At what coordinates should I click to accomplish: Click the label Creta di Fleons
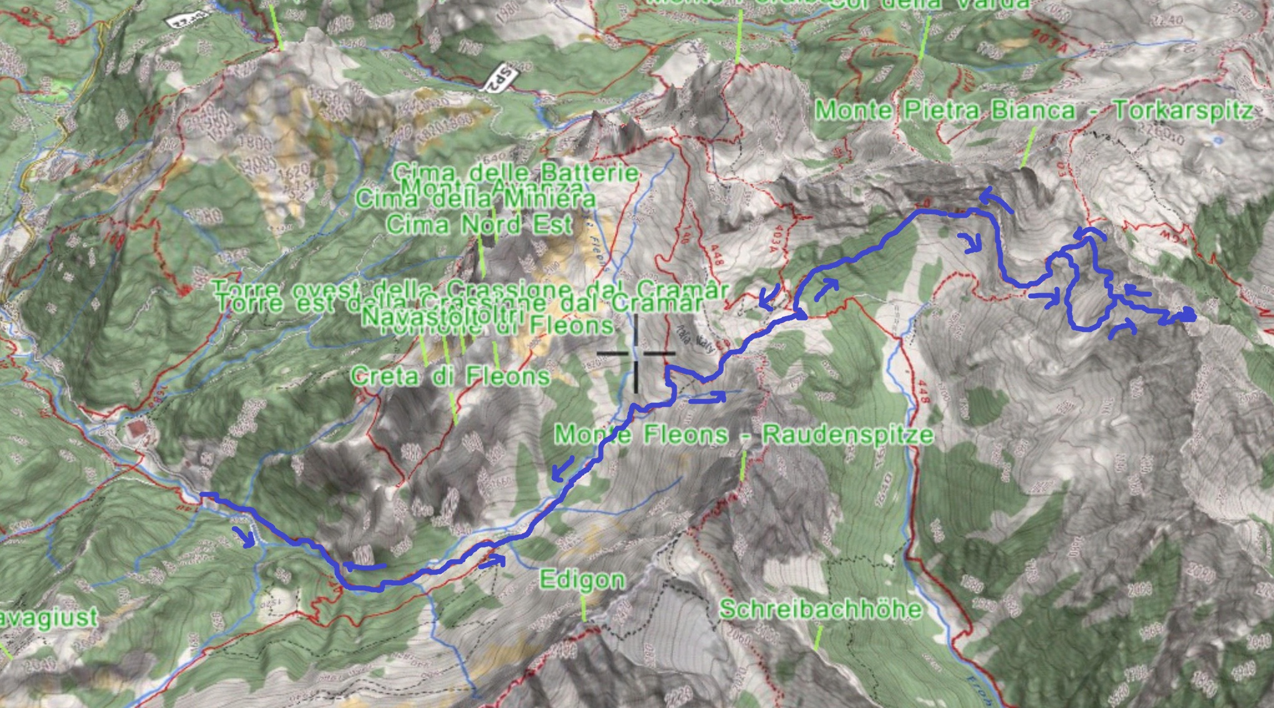450,376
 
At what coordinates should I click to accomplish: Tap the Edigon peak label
581,580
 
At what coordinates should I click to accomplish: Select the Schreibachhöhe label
820,609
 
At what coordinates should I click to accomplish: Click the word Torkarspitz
1183,111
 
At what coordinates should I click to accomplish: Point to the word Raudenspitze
847,434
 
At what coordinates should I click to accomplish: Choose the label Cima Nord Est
478,225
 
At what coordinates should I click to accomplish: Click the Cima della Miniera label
475,199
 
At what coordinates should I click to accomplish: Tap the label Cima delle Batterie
515,172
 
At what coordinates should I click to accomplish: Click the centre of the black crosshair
635,354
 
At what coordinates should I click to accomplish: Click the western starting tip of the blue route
202,495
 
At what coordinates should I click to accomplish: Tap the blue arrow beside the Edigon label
492,561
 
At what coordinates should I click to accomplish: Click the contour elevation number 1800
254,143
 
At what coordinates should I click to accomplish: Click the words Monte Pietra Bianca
945,111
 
